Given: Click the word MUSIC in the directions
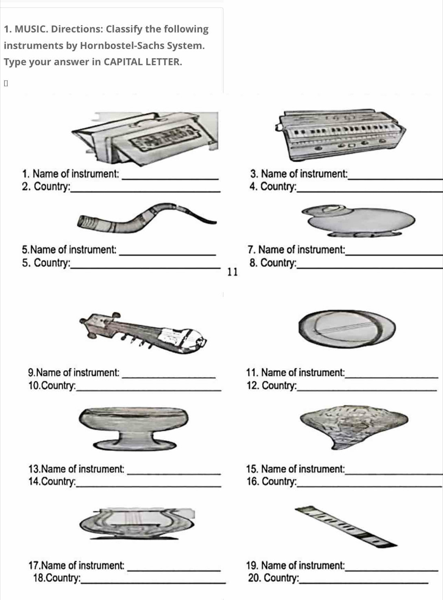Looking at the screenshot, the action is [x=30, y=29].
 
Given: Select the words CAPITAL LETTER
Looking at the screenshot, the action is [x=143, y=62].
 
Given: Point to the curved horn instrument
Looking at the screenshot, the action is [x=146, y=218].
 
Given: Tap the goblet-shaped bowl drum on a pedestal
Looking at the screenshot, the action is [x=134, y=429].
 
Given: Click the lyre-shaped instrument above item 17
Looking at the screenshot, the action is [x=137, y=524].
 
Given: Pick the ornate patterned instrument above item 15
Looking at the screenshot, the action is [x=354, y=427].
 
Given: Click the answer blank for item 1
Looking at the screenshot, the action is [x=170, y=179].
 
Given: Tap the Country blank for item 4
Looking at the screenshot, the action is [x=370, y=191].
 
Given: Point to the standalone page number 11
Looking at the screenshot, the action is [x=232, y=272].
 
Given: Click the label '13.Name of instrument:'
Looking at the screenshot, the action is [x=76, y=469].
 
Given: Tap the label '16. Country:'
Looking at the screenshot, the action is [x=271, y=482].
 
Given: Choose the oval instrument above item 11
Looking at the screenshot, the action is [x=347, y=329].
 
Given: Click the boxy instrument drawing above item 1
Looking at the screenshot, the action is [x=145, y=138].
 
